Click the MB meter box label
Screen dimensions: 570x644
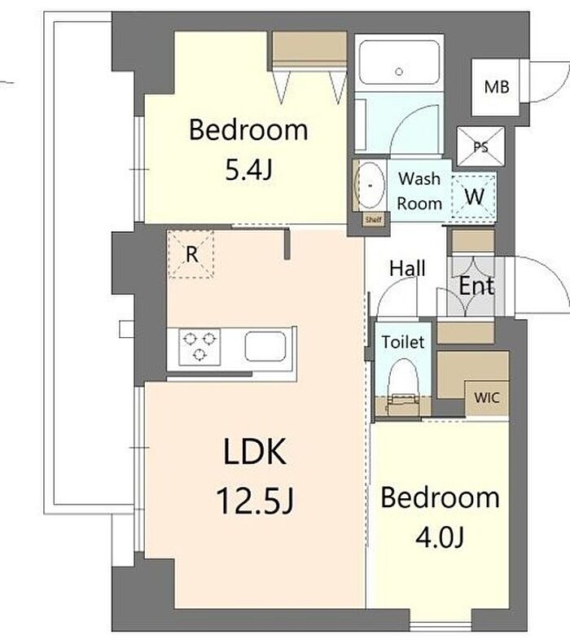pyautogui.click(x=497, y=87)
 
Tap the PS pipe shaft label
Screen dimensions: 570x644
pyautogui.click(x=481, y=147)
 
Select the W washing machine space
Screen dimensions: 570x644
pyautogui.click(x=474, y=196)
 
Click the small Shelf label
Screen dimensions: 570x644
pyautogui.click(x=373, y=219)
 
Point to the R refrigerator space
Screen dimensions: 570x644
pyautogui.click(x=191, y=254)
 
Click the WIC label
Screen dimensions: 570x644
pyautogui.click(x=487, y=397)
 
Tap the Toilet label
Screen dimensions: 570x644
pyautogui.click(x=403, y=342)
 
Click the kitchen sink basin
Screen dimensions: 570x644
pyautogui.click(x=265, y=346)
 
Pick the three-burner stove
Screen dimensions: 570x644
pyautogui.click(x=199, y=347)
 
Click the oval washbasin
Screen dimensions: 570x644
pyautogui.click(x=370, y=186)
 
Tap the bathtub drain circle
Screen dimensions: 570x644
pyautogui.click(x=399, y=72)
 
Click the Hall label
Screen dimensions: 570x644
pyautogui.click(x=407, y=269)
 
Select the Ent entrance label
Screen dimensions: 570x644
pyautogui.click(x=476, y=286)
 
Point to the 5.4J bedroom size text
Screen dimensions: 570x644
pyautogui.click(x=249, y=169)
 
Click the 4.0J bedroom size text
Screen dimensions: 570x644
pyautogui.click(x=440, y=537)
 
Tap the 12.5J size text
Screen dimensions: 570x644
pyautogui.click(x=255, y=501)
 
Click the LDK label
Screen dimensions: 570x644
pyautogui.click(x=255, y=452)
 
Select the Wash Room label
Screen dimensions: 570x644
pyautogui.click(x=419, y=191)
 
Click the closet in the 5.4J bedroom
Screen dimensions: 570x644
pyautogui.click(x=309, y=50)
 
